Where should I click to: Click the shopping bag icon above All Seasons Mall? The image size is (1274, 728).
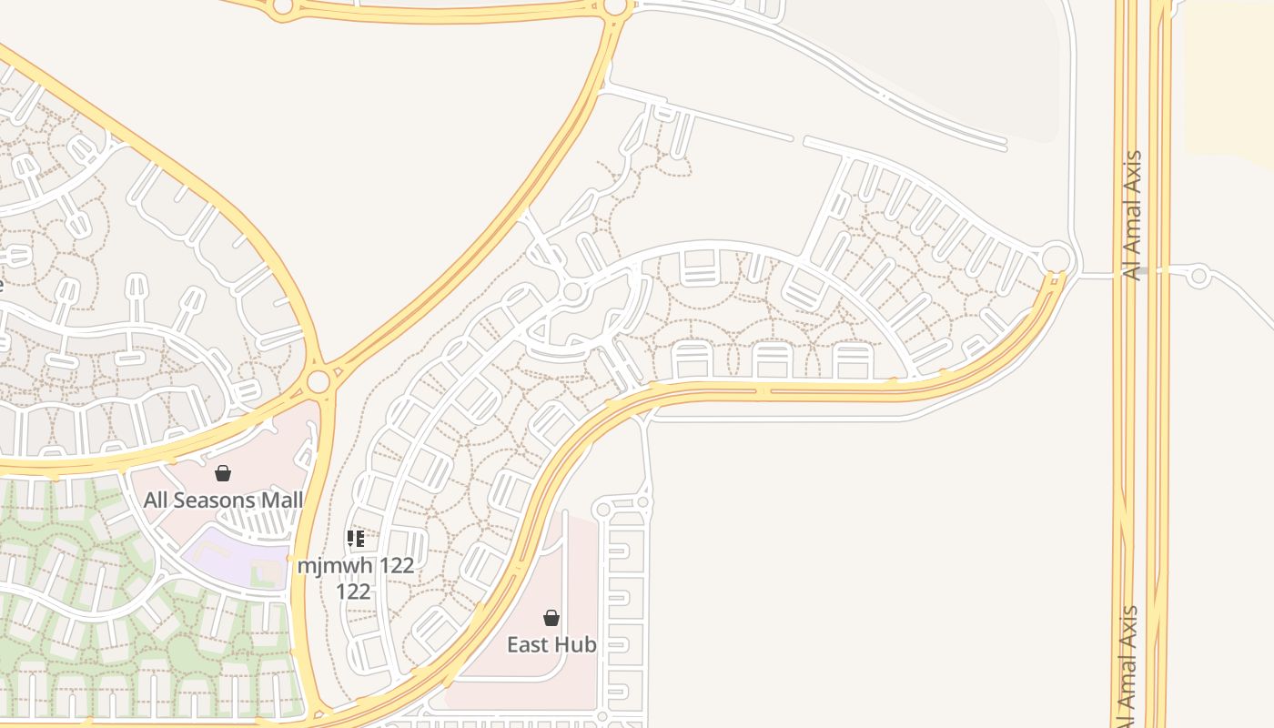click(223, 473)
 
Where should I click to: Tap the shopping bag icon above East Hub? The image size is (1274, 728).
click(551, 619)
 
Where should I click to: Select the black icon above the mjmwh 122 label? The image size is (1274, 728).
click(356, 539)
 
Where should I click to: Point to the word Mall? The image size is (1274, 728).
click(281, 500)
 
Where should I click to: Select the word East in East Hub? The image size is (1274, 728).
click(529, 645)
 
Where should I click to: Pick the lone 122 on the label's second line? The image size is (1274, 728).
click(353, 591)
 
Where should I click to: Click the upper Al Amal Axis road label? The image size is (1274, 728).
click(1134, 216)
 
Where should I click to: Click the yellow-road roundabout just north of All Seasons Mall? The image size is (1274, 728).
click(318, 381)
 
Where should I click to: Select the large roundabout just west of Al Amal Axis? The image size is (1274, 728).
click(1056, 258)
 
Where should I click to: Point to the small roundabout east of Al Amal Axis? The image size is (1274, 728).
click(1199, 276)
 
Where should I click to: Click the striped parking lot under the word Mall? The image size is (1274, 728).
click(264, 523)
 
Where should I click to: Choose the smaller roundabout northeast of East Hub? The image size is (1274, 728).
click(644, 501)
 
